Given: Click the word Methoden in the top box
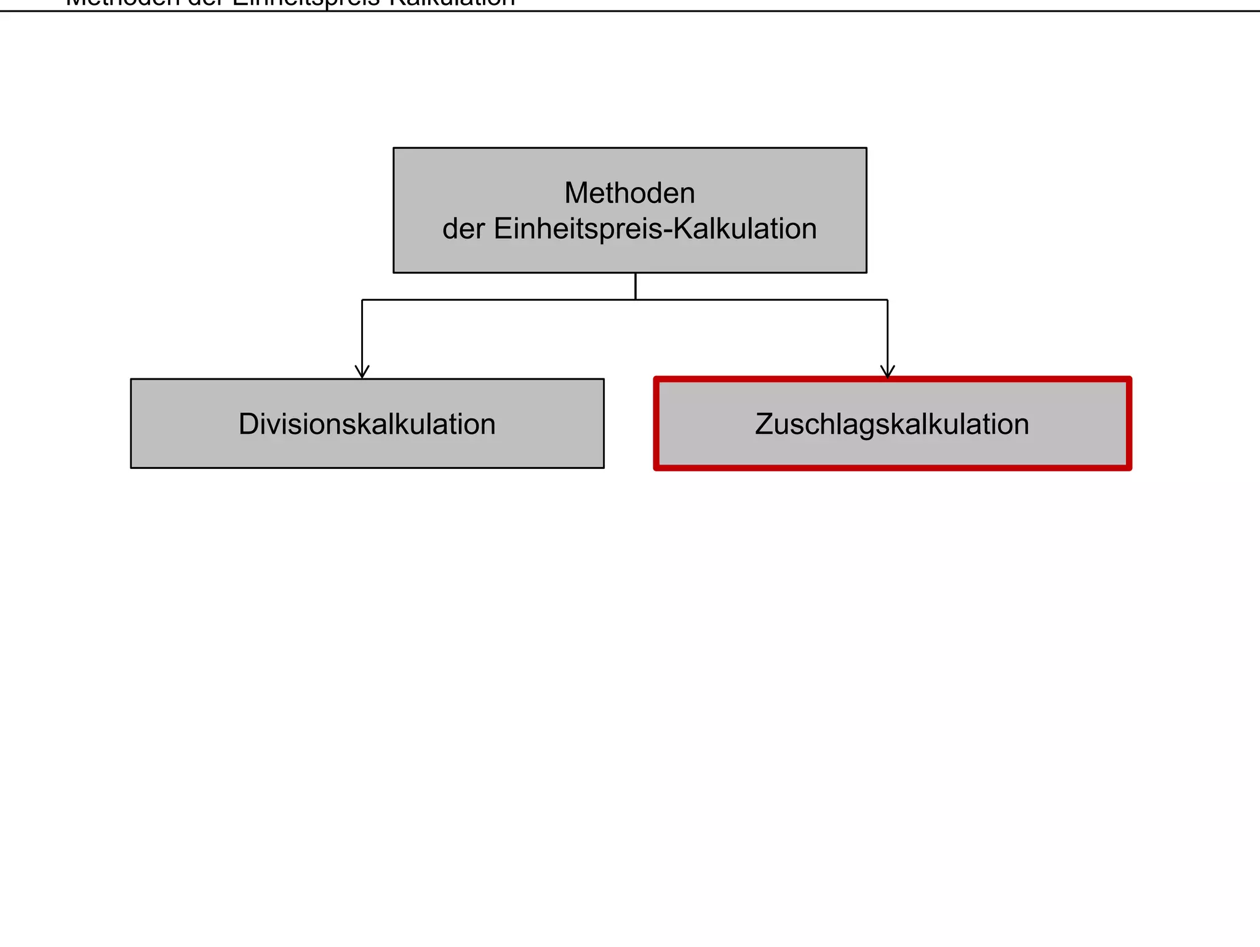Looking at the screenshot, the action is tap(629, 193).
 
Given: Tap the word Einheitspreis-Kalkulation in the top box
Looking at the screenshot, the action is tap(655, 229).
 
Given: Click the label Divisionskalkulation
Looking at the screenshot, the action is tap(367, 424).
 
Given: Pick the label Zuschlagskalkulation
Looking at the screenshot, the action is tap(891, 424).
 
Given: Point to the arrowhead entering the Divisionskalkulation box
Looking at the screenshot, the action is tap(362, 372).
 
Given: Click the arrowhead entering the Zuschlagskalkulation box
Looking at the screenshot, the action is tap(887, 371).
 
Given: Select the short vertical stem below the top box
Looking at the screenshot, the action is tap(636, 286).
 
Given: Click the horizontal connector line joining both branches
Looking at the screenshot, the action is tap(492, 300).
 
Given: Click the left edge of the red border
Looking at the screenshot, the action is tap(656, 424).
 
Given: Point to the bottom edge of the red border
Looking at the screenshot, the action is tap(892, 468).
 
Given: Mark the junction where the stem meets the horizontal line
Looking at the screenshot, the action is tap(636, 300).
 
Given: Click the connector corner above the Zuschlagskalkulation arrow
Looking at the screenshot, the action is tap(887, 300).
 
